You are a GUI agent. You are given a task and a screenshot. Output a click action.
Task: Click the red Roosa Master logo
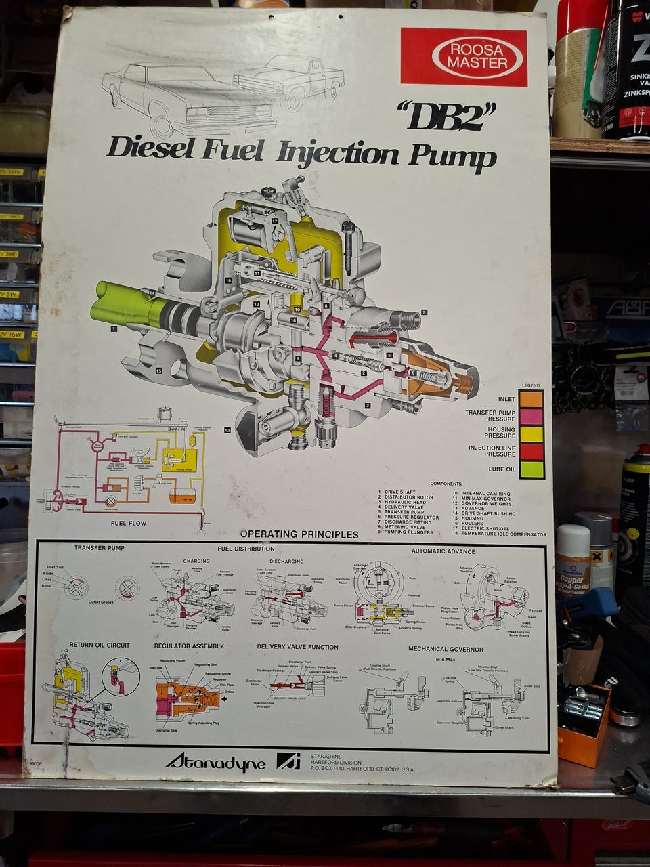click(464, 57)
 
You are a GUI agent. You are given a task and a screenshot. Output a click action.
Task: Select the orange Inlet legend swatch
click(532, 399)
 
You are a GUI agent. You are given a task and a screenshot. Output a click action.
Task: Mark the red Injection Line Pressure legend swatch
click(532, 451)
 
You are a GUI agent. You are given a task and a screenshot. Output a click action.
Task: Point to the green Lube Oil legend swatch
click(532, 469)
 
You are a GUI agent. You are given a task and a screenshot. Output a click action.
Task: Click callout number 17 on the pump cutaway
click(275, 221)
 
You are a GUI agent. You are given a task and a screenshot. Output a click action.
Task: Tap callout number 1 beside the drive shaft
click(114, 329)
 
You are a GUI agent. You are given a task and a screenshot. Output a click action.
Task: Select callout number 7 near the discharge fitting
click(424, 312)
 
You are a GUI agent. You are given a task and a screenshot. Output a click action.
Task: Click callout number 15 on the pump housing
click(158, 371)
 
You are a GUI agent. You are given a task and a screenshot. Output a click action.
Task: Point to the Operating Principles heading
click(299, 534)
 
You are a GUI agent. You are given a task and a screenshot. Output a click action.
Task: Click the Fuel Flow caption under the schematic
click(128, 523)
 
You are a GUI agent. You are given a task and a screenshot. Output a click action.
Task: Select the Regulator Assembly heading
click(189, 646)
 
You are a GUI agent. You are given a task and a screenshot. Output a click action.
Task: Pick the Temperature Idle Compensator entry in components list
click(503, 534)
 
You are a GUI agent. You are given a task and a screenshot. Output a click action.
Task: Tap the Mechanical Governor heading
click(446, 649)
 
